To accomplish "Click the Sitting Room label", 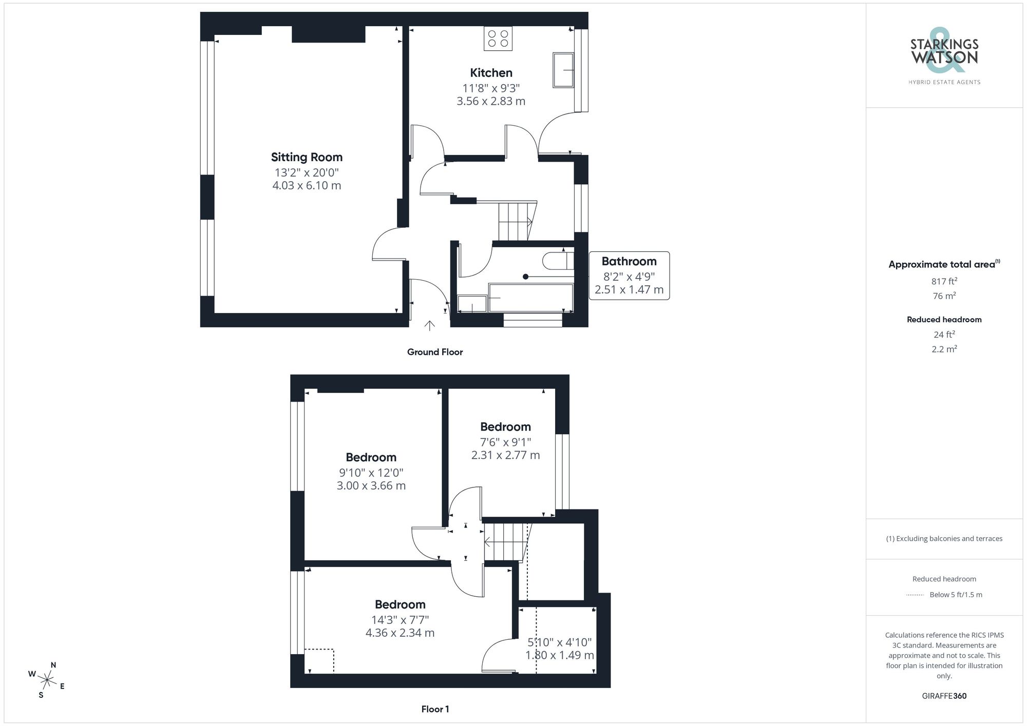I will click(307, 157).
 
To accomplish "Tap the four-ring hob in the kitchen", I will click(498, 38).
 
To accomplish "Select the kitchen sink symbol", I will click(563, 70).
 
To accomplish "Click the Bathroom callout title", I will click(629, 261).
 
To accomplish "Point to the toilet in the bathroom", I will click(558, 261).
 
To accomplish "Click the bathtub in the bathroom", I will click(530, 298).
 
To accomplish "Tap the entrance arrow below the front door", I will click(429, 326).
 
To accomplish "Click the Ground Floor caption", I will click(434, 352).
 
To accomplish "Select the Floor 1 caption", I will click(435, 709).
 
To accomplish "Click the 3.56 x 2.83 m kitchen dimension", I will click(491, 101).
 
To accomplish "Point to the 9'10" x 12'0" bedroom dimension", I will click(371, 473).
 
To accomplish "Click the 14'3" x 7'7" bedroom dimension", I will click(400, 620).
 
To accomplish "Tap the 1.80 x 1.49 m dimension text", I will click(559, 655).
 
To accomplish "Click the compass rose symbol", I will click(47, 680).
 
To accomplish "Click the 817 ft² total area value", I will click(944, 281).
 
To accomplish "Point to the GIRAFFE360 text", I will click(944, 696).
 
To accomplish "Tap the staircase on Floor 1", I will click(505, 541).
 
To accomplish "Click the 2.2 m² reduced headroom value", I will click(944, 349).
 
